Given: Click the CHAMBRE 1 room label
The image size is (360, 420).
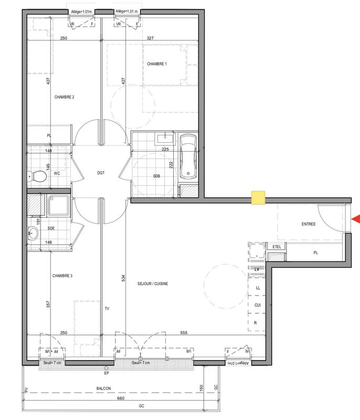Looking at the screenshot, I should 156,64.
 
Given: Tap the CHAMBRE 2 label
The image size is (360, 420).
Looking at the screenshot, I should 65,97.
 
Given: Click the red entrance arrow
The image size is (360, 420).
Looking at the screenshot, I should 355,218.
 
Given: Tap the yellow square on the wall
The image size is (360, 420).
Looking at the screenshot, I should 258,198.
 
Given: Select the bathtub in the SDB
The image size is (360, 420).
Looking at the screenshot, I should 188,156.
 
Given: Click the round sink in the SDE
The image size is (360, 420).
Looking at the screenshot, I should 33,235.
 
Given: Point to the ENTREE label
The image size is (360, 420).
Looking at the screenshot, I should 309,224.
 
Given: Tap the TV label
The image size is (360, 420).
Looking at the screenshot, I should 107,308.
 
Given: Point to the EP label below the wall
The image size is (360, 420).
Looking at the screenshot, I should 107,374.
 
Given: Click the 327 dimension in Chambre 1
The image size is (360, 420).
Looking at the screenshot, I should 151,38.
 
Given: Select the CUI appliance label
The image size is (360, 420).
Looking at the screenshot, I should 258,304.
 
